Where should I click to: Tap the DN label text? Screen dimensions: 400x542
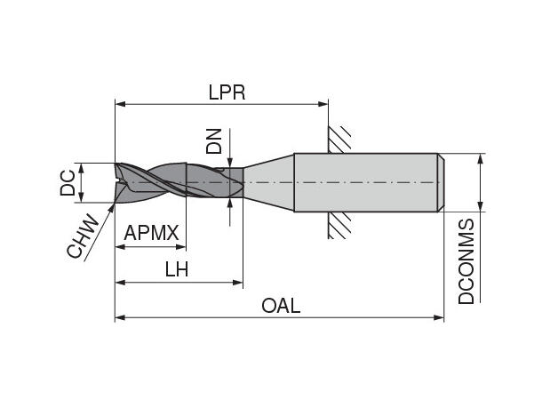point(214,140)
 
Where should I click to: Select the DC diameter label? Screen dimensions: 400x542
point(68,183)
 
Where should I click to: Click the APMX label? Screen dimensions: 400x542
point(152,234)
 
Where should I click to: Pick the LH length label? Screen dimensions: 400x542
point(177,270)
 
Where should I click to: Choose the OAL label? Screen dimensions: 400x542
point(281,306)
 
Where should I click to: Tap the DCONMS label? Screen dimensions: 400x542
point(467,262)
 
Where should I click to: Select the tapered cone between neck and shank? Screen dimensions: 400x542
point(268,183)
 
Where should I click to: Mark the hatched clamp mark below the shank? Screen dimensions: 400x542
point(339,226)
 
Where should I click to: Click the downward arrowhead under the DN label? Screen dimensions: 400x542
point(230,159)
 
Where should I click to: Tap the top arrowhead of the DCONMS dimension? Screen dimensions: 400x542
point(482,159)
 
